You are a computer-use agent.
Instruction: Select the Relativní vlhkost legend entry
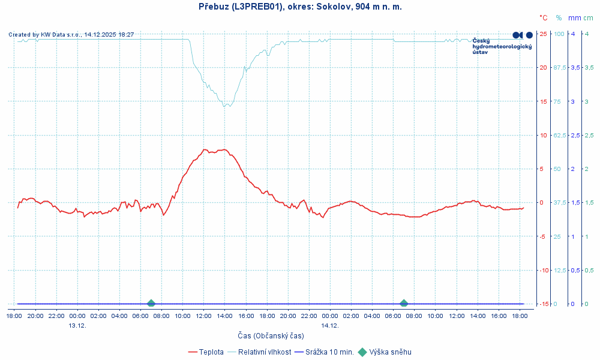click(x=265, y=352)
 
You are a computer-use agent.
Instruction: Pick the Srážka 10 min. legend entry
click(x=329, y=352)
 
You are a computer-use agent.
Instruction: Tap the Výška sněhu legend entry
click(x=390, y=352)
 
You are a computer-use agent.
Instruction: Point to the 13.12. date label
click(x=77, y=325)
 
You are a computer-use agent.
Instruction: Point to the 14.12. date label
click(x=329, y=325)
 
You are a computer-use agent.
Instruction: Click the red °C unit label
click(x=543, y=18)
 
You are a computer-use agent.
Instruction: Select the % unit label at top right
click(x=559, y=18)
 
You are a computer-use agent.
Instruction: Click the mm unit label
click(x=574, y=18)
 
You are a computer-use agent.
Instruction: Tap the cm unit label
click(x=588, y=18)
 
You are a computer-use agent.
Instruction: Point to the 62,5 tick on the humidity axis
click(x=560, y=135)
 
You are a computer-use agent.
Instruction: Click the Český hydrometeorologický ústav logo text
click(x=502, y=46)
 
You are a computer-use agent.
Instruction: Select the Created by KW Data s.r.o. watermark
click(x=71, y=35)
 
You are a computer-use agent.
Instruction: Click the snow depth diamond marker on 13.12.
click(x=151, y=304)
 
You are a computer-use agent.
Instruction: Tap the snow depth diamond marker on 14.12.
click(x=404, y=304)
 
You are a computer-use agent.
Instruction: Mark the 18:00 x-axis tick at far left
click(x=14, y=316)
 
